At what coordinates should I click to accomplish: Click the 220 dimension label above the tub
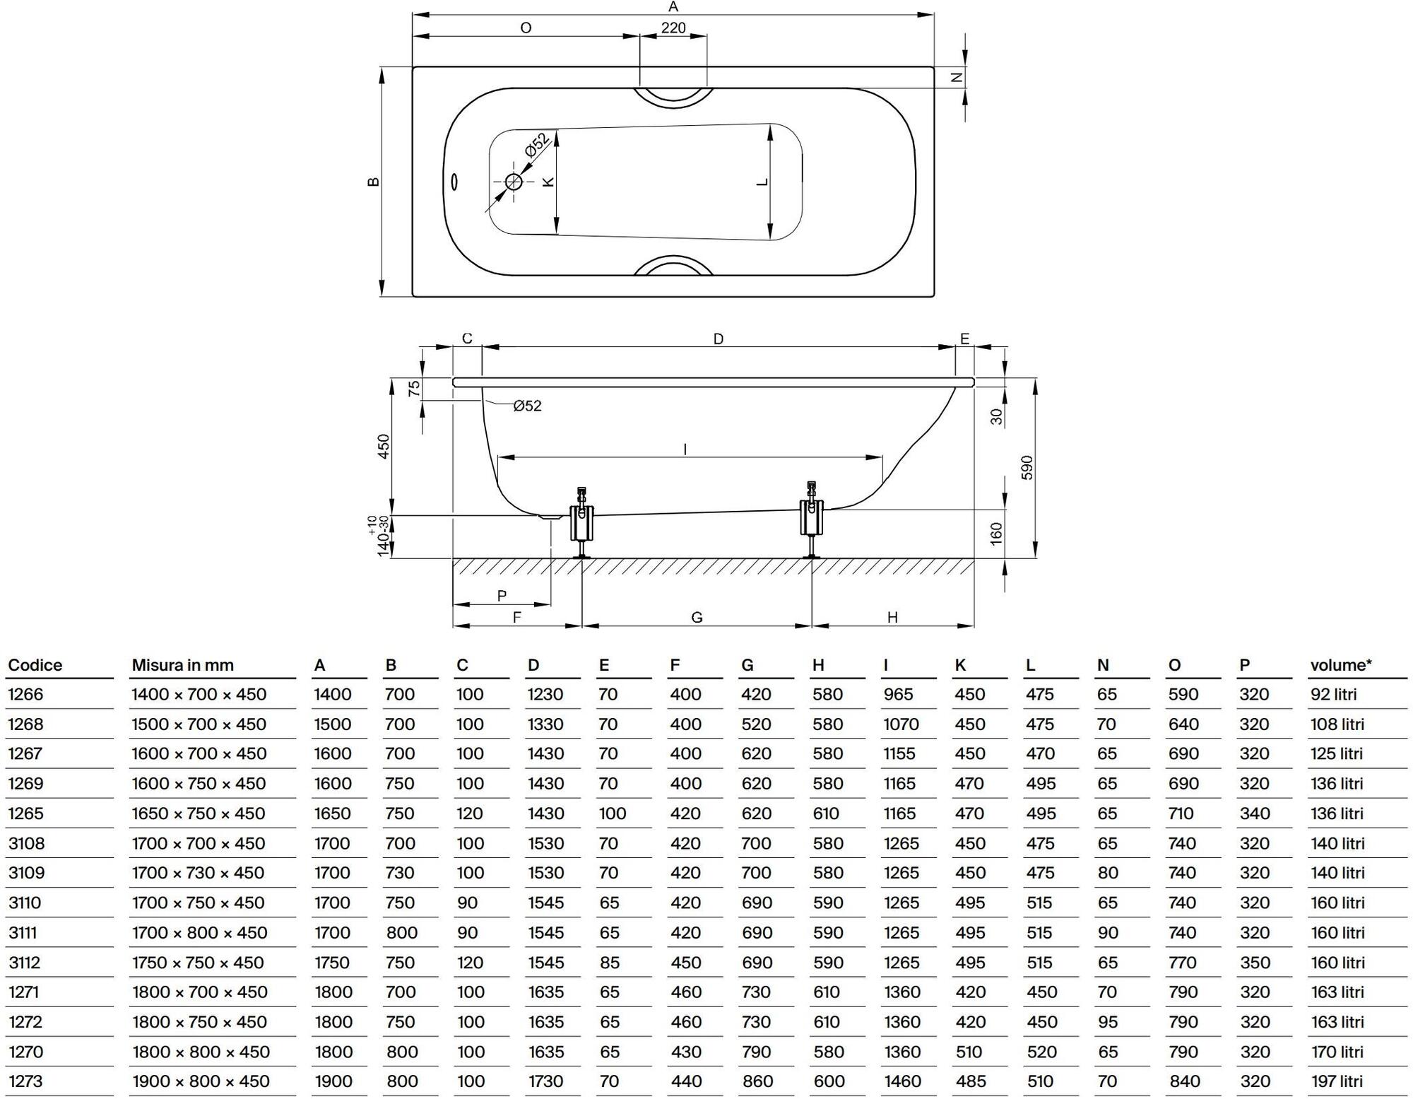click(x=673, y=28)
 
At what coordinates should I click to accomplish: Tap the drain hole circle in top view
click(x=514, y=182)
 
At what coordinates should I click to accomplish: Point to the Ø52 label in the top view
click(x=537, y=146)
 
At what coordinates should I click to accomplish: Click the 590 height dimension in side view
click(x=1027, y=467)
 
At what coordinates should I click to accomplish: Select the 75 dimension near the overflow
click(x=415, y=388)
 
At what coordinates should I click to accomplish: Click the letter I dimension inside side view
click(x=685, y=449)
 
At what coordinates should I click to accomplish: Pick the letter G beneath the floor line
click(x=697, y=617)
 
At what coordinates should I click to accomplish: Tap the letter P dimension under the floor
click(x=502, y=596)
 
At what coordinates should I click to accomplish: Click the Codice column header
click(x=35, y=665)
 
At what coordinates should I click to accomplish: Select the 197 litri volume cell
click(x=1337, y=1081)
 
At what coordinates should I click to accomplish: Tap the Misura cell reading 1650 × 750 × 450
click(x=199, y=813)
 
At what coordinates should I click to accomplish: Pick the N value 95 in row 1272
click(x=1108, y=1022)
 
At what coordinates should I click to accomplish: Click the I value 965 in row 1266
click(x=898, y=694)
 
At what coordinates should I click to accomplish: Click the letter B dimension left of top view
click(x=374, y=182)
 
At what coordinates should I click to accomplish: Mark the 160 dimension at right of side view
click(x=996, y=533)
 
